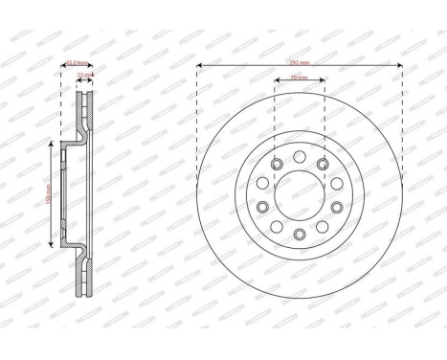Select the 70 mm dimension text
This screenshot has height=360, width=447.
[301, 79]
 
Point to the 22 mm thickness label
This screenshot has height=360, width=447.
[83, 74]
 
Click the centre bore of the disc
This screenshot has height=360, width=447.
[299, 197]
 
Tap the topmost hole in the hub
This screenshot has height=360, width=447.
[299, 156]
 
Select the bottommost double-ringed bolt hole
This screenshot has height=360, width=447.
[299, 235]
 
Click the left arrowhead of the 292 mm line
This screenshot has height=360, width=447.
[200, 66]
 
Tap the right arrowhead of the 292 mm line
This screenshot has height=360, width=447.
[399, 66]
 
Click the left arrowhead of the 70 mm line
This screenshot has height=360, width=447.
[277, 81]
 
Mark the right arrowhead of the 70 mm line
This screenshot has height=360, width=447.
[322, 81]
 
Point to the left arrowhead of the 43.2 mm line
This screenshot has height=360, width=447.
[62, 66]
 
